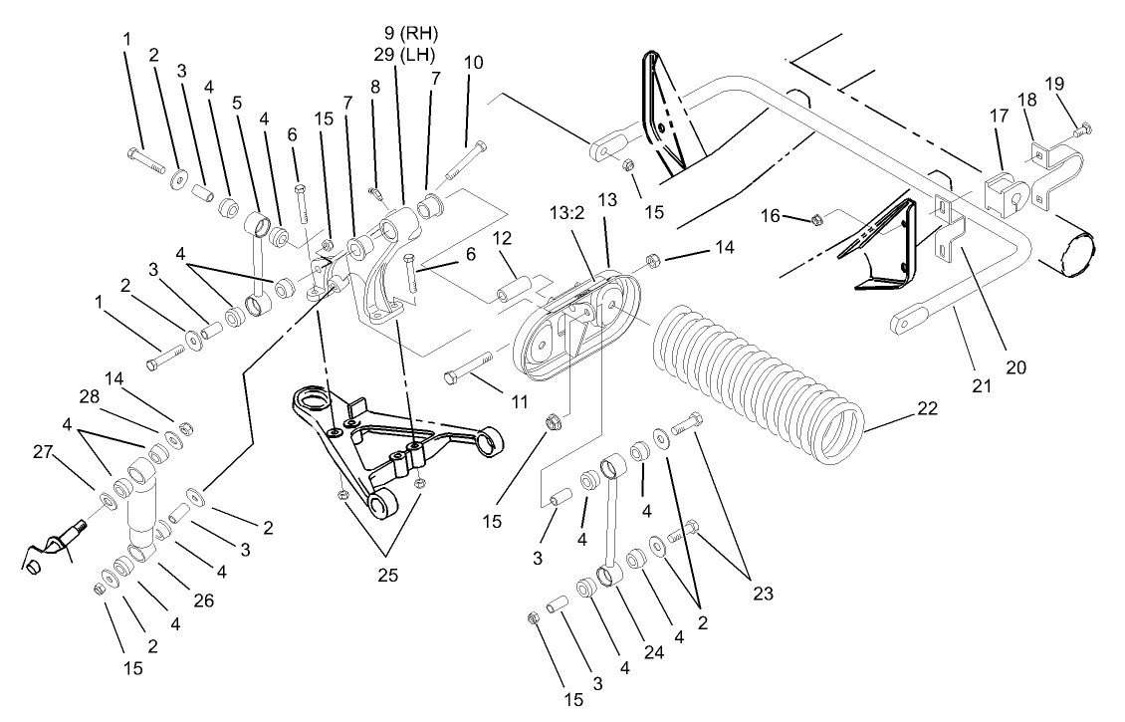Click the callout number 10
click(x=474, y=62)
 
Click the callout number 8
click(x=374, y=87)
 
